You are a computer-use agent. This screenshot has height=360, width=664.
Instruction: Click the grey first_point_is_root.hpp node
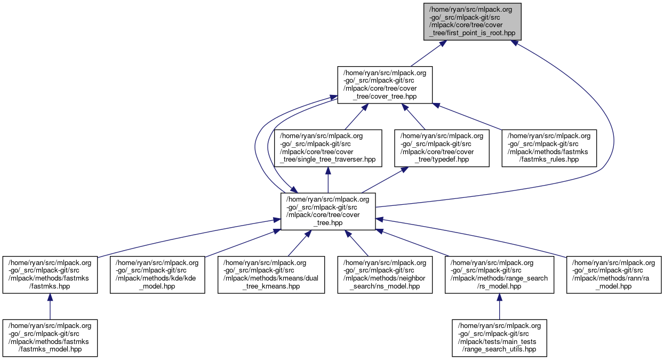click(x=472, y=21)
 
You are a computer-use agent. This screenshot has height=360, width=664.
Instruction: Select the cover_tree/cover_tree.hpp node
click(x=385, y=85)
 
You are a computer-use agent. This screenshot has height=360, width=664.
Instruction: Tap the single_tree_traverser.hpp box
click(x=328, y=148)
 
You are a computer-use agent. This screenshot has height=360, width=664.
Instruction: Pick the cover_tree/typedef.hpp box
click(x=442, y=148)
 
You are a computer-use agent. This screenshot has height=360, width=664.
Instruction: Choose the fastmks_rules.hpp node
click(x=549, y=148)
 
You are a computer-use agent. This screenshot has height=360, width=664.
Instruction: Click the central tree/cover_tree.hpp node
click(x=328, y=211)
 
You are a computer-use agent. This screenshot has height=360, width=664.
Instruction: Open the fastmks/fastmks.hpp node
click(x=50, y=275)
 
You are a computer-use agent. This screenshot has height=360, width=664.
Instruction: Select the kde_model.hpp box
click(x=157, y=275)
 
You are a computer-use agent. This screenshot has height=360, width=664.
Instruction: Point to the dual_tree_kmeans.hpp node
click(x=271, y=275)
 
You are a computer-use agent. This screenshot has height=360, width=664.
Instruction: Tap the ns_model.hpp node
click(x=385, y=275)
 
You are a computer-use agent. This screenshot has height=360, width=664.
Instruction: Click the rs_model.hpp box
click(x=499, y=275)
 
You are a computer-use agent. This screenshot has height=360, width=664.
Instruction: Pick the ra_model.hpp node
click(x=613, y=275)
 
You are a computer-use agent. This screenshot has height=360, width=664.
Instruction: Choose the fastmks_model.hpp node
click(x=50, y=338)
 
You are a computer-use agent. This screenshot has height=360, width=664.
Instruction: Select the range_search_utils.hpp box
click(x=499, y=338)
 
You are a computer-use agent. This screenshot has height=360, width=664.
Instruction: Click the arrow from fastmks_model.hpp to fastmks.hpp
click(x=50, y=307)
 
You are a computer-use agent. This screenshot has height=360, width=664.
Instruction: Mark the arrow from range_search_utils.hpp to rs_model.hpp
click(x=499, y=307)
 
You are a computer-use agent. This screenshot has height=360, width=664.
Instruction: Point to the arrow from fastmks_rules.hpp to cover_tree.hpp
click(x=469, y=116)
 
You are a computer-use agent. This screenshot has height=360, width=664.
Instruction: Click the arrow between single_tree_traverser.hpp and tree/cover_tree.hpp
click(x=328, y=180)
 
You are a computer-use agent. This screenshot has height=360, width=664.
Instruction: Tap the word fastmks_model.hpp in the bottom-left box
click(x=50, y=350)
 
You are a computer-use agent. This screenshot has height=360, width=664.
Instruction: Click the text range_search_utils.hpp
click(x=499, y=350)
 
